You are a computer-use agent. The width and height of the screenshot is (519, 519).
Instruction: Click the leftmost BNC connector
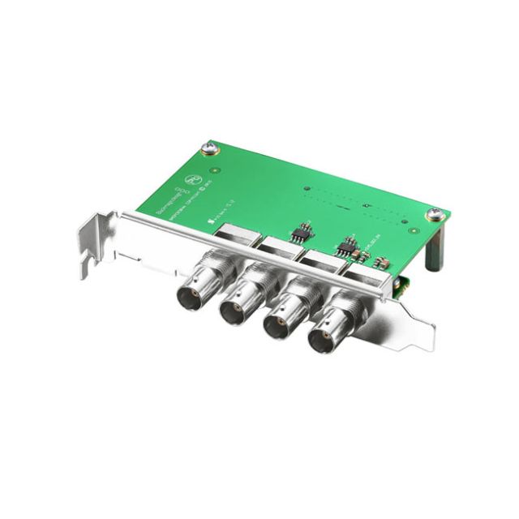click(199, 287)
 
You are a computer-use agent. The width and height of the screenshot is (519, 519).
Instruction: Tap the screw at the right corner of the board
click(436, 214)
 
